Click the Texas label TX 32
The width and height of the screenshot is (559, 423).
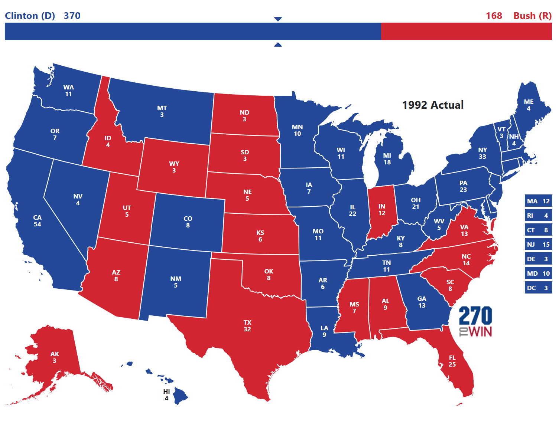247,326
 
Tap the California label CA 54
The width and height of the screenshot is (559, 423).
38,221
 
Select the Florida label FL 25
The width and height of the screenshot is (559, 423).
452,361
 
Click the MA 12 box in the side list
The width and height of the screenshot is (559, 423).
538,201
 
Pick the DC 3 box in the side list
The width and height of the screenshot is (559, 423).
538,288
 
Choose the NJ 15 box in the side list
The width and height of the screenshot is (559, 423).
538,245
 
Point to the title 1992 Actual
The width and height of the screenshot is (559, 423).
433,105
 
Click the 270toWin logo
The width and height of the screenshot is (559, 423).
475,321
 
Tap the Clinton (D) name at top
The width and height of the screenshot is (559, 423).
30,16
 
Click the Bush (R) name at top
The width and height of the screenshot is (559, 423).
532,16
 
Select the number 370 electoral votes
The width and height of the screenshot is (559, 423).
72,16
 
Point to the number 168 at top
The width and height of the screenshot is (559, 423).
494,16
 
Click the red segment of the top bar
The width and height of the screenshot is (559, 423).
466,31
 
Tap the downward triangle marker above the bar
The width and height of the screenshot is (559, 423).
278,19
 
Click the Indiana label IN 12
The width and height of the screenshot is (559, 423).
382,210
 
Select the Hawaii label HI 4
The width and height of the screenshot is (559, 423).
166,395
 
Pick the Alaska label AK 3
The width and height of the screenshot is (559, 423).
55,357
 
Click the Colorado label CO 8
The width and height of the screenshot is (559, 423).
188,222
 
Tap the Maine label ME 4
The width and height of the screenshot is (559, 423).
529,105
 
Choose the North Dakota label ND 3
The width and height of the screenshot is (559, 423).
244,116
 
